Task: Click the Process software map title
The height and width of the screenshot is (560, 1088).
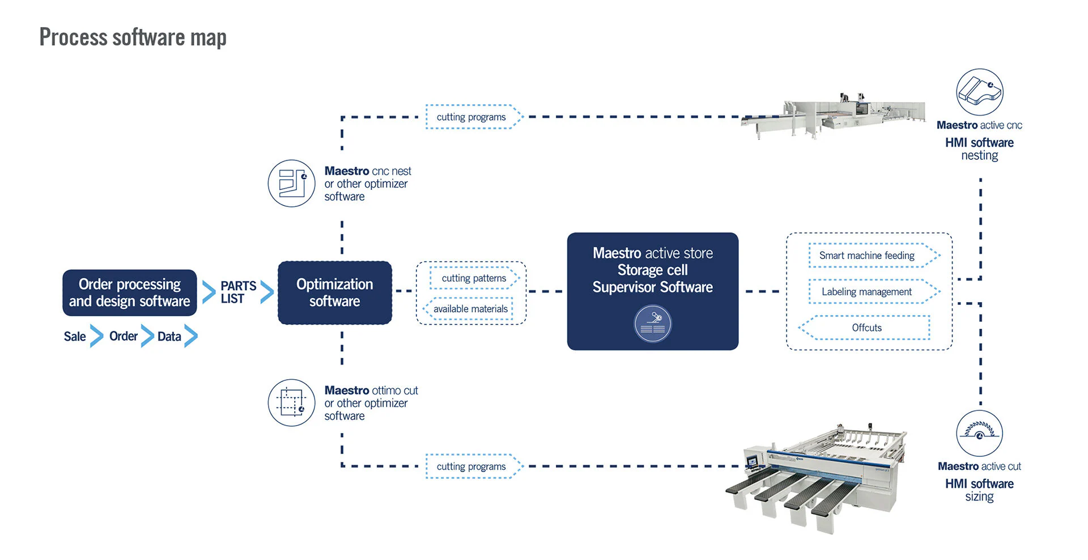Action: [x=133, y=37]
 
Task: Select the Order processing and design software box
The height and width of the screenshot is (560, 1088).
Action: [x=130, y=292]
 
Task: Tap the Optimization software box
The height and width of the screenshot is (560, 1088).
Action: [x=334, y=292]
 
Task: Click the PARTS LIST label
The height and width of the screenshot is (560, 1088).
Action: [x=238, y=292]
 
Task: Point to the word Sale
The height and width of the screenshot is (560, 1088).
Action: [x=75, y=337]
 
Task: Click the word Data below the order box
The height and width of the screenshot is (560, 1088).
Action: [x=169, y=337]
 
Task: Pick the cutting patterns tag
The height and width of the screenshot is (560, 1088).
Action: [x=474, y=278]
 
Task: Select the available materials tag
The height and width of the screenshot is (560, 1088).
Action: [x=470, y=309]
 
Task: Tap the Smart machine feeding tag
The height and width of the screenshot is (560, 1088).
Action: [x=867, y=256]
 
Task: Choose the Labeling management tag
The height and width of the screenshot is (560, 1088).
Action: [x=867, y=292]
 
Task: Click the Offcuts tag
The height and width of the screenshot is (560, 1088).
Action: [x=866, y=328]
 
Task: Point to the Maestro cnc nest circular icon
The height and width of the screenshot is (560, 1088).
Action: [x=291, y=183]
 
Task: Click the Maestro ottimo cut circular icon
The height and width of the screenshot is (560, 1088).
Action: [x=291, y=402]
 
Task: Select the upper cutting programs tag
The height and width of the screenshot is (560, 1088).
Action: [x=471, y=117]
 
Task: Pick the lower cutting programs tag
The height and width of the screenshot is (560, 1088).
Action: [x=471, y=466]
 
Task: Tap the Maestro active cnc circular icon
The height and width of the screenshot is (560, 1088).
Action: [x=979, y=92]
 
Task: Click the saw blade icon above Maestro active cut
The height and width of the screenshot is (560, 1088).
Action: [x=979, y=434]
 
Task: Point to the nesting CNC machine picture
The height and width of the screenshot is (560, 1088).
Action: [x=833, y=116]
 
